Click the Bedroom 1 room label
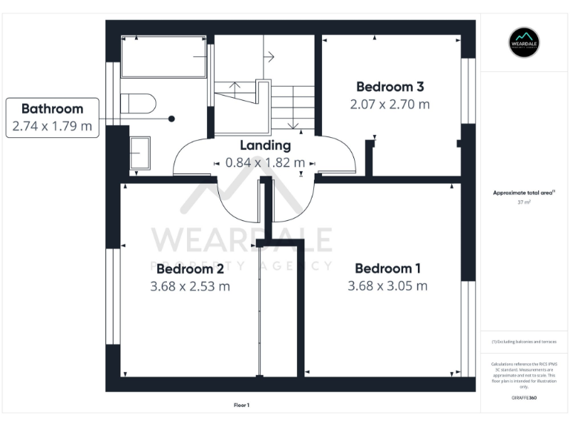click(387, 268)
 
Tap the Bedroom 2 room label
click(190, 268)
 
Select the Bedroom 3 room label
click(390, 87)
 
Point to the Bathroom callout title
click(52, 109)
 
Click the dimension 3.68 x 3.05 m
click(387, 286)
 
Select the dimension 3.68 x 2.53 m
click(190, 286)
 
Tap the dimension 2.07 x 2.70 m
click(390, 105)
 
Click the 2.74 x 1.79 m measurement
click(52, 126)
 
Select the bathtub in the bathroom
click(163, 56)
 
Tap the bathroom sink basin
click(140, 153)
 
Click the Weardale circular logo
click(524, 43)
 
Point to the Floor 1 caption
click(241, 405)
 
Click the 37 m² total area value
click(524, 202)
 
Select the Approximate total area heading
click(523, 193)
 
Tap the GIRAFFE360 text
click(524, 398)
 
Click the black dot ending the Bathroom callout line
click(171, 119)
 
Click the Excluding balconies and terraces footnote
click(524, 342)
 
